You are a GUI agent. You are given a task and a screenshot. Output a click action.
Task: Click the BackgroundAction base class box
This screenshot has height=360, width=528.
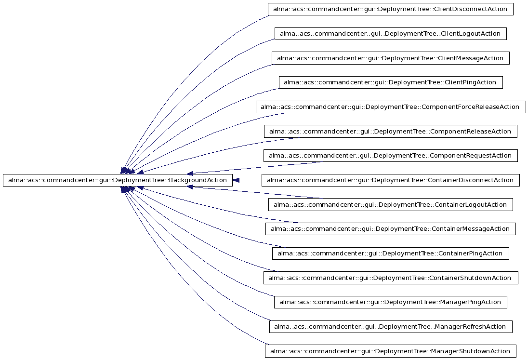click(118, 180)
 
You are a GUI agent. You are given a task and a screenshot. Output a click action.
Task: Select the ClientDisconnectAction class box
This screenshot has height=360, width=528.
click(391, 9)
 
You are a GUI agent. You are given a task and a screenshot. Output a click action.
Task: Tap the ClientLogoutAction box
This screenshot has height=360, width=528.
click(391, 34)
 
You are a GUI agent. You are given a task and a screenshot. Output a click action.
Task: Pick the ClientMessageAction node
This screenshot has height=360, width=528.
click(391, 58)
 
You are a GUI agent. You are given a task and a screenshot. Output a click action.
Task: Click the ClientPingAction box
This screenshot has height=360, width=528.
click(391, 82)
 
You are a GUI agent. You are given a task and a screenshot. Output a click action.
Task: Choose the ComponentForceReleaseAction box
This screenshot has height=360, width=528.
click(391, 107)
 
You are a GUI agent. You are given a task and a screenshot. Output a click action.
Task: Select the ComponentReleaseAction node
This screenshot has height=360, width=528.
click(391, 132)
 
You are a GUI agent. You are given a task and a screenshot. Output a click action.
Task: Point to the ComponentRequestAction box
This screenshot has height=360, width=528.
click(391, 156)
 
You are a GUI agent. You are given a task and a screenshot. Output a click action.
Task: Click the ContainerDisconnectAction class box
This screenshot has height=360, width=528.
click(391, 180)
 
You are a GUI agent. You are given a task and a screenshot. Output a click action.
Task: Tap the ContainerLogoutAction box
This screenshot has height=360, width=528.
click(391, 205)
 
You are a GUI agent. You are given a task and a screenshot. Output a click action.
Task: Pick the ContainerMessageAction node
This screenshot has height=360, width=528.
click(391, 229)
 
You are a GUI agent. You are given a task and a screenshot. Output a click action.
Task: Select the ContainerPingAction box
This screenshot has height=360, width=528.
click(391, 253)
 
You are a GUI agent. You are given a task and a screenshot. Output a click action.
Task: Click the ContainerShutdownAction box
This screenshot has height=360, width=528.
click(391, 278)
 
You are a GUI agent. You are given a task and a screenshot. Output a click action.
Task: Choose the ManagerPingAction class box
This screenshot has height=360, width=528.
click(391, 303)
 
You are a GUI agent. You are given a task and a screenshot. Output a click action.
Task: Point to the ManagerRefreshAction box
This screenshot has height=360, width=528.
click(391, 327)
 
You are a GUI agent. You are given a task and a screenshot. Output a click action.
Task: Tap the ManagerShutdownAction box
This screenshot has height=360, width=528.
click(391, 351)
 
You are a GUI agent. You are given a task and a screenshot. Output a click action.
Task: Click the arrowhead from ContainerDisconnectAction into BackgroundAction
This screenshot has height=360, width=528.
click(236, 180)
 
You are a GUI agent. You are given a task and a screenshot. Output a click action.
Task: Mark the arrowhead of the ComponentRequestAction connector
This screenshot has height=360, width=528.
click(190, 173)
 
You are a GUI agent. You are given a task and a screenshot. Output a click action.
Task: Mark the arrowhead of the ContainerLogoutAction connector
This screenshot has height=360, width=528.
click(190, 187)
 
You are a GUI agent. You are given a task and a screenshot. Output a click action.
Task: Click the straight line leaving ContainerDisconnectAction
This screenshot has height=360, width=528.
click(251, 180)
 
